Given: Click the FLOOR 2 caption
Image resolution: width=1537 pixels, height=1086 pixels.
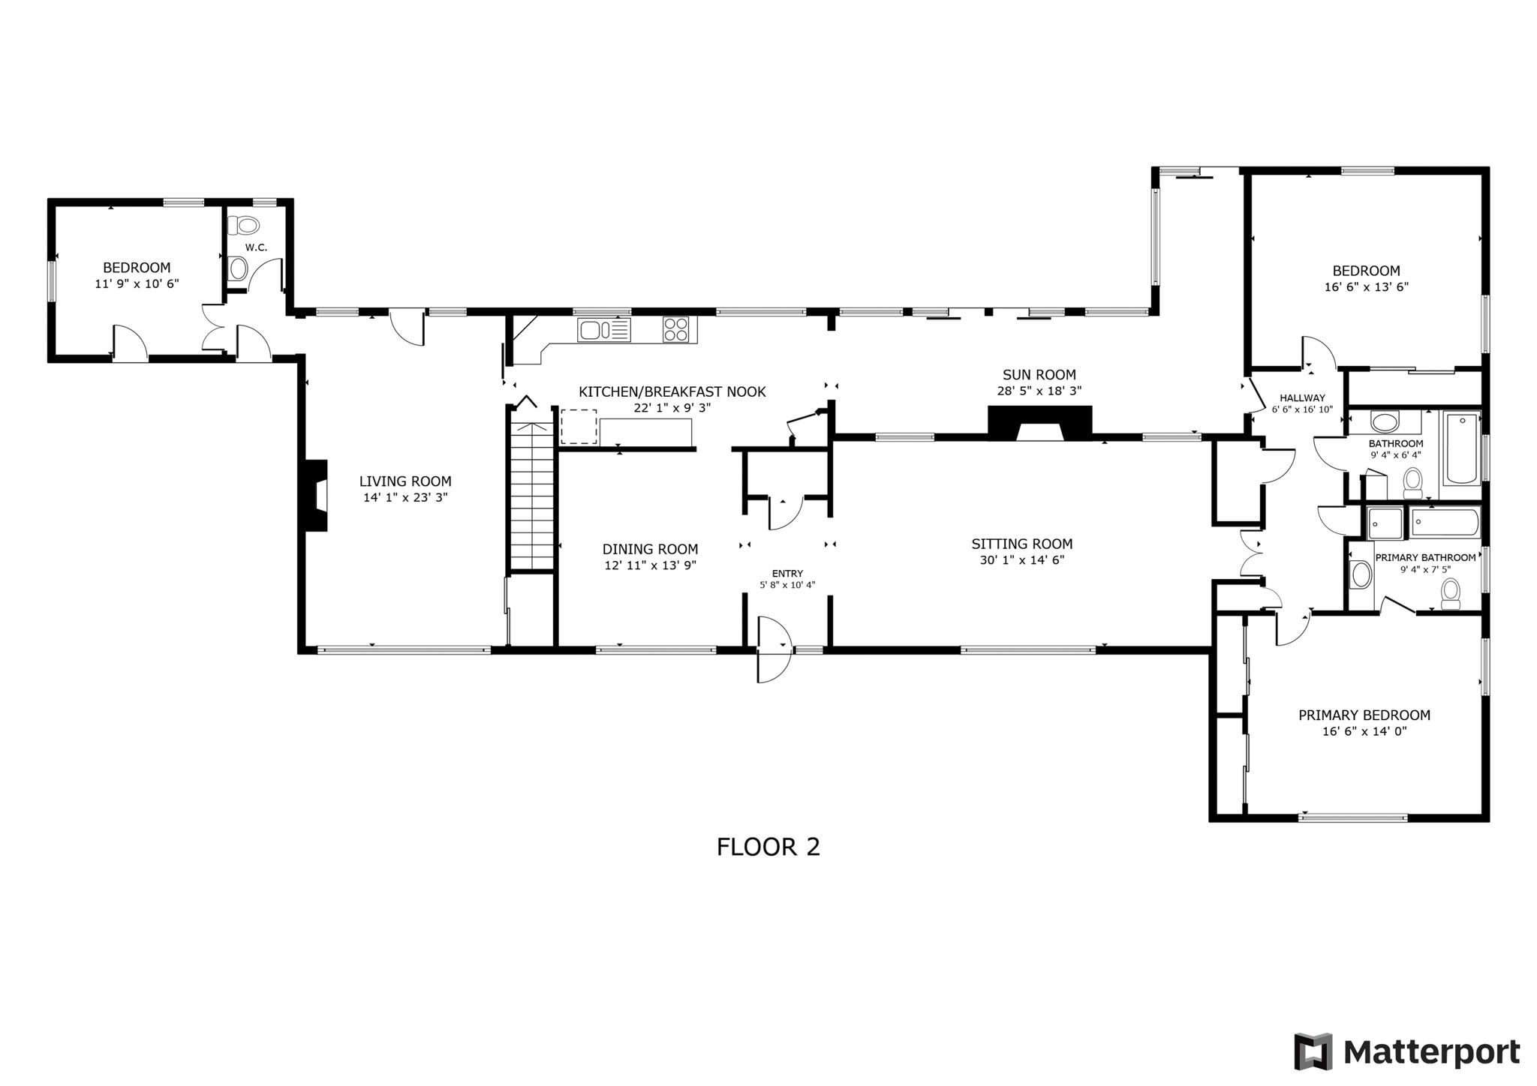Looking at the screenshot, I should pyautogui.click(x=768, y=847).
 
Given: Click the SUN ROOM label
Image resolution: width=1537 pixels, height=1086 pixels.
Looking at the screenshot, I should pyautogui.click(x=1039, y=375).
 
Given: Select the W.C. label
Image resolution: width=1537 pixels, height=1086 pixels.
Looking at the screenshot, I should pyautogui.click(x=256, y=247).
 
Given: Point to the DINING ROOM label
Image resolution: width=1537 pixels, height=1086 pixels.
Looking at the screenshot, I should pyautogui.click(x=650, y=550).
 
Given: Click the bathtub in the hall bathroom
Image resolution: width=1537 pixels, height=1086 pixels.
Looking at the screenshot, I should pyautogui.click(x=1460, y=448).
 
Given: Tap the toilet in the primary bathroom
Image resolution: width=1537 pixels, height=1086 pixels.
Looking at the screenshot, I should pyautogui.click(x=1450, y=594).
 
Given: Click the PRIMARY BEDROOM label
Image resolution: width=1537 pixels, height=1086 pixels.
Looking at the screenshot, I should pyautogui.click(x=1364, y=715).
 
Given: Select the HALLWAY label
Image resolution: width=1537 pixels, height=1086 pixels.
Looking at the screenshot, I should pyautogui.click(x=1302, y=398).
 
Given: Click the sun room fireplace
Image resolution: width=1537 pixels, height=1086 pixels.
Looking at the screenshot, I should pyautogui.click(x=1039, y=422).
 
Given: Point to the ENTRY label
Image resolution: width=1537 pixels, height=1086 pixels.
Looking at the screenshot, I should pyautogui.click(x=787, y=574).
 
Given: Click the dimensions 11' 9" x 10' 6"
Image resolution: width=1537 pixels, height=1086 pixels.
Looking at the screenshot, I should pyautogui.click(x=137, y=283).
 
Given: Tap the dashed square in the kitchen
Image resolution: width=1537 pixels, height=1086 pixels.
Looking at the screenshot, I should pyautogui.click(x=579, y=427).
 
